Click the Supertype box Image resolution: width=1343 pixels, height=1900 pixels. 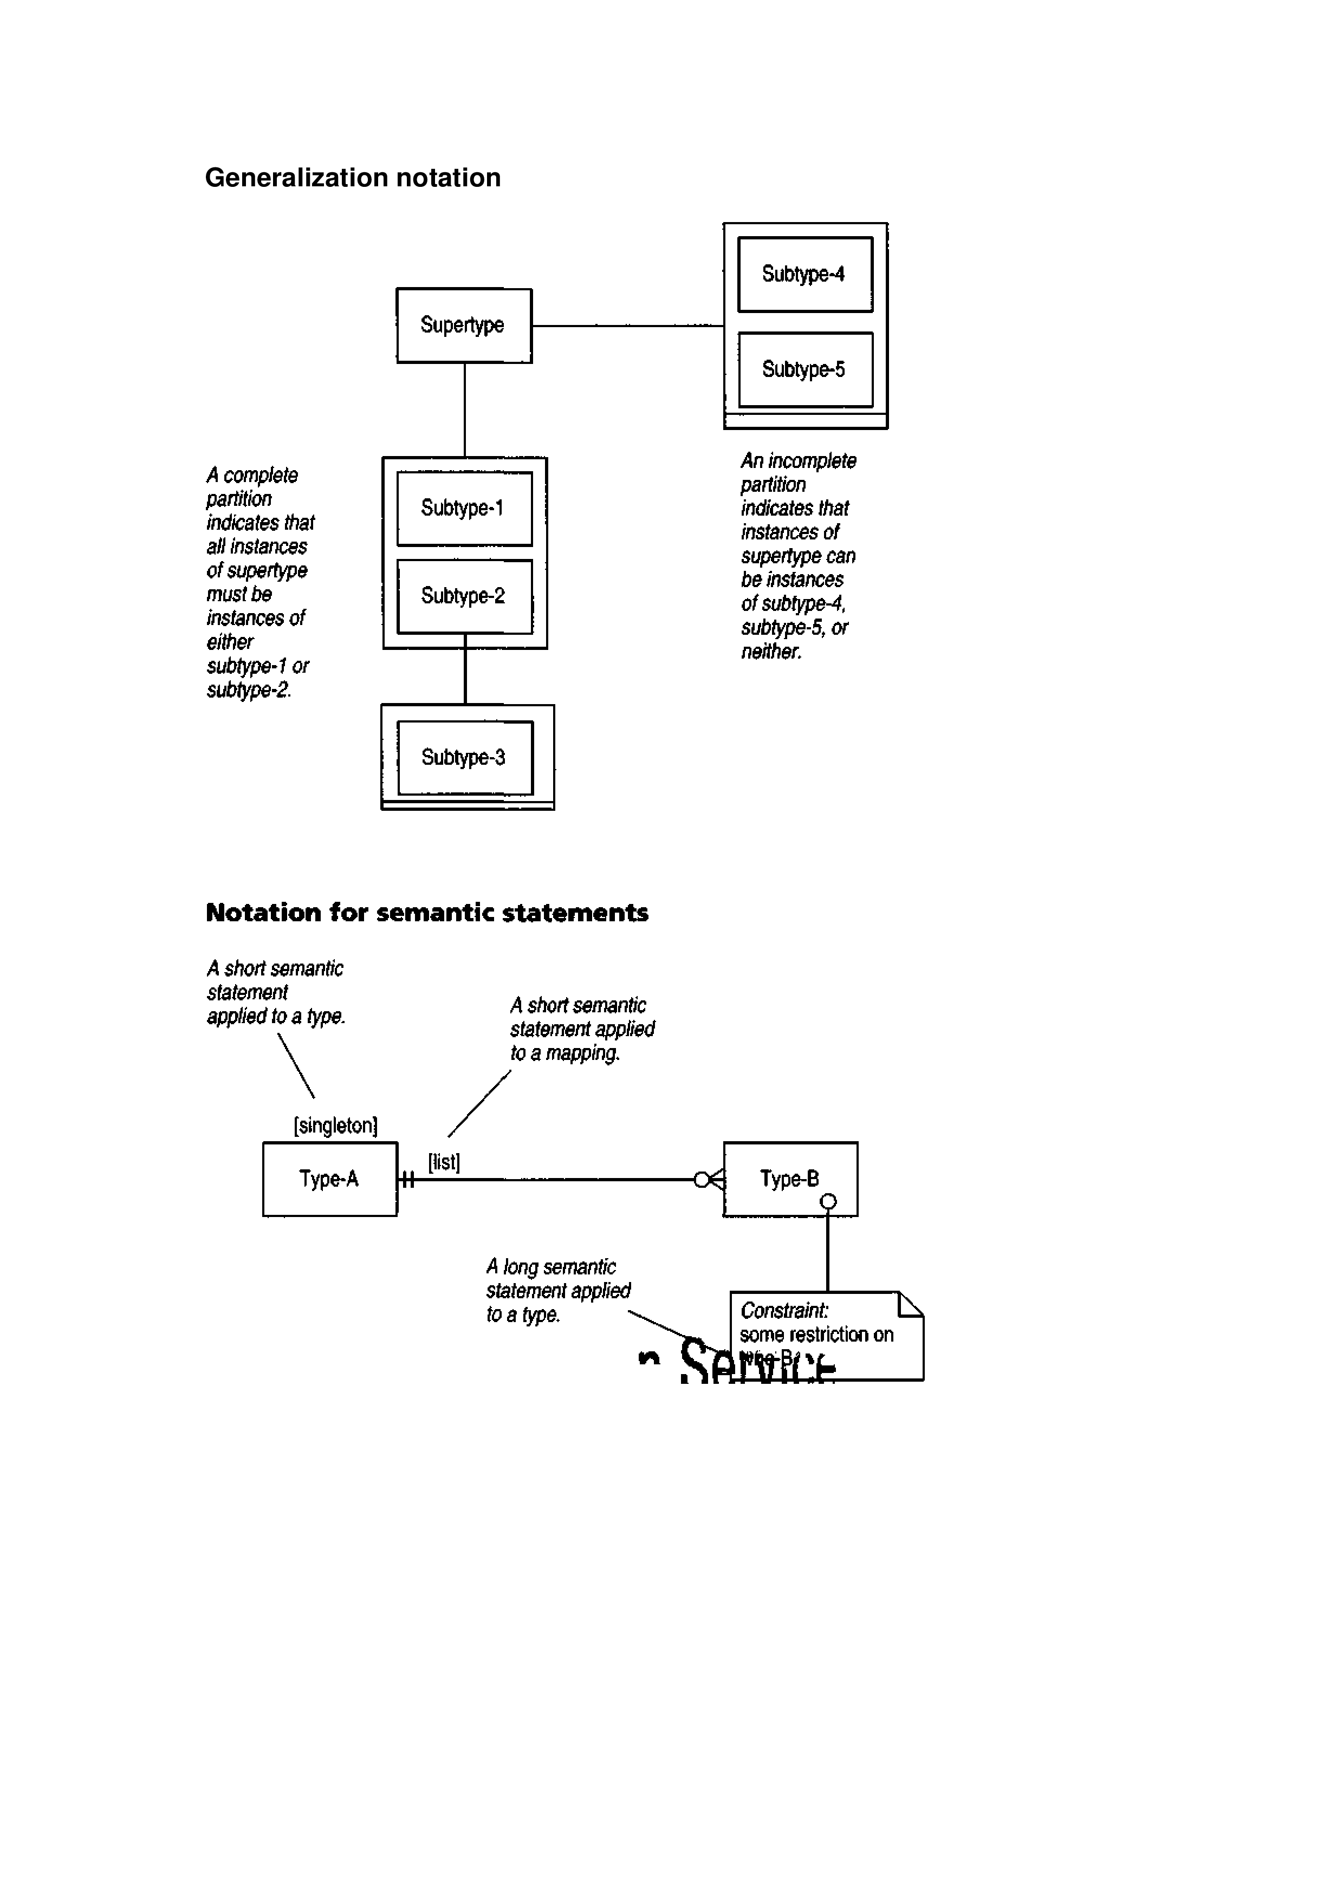[x=463, y=325]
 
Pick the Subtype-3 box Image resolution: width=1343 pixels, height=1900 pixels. [x=464, y=757]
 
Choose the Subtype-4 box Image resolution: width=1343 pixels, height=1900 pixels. [x=804, y=274]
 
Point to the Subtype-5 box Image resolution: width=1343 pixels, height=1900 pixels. [x=804, y=369]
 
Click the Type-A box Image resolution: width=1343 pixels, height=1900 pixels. [x=329, y=1179]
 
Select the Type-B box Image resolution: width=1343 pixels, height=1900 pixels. [x=789, y=1179]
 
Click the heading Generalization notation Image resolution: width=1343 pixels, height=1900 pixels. [x=353, y=178]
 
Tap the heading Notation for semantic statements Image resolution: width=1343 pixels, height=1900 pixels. [x=427, y=913]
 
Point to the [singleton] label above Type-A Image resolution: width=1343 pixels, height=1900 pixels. [x=336, y=1125]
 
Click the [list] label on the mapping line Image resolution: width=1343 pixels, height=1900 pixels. [x=444, y=1162]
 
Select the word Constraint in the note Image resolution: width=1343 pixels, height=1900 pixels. [x=783, y=1311]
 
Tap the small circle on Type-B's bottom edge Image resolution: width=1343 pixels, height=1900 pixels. [x=827, y=1201]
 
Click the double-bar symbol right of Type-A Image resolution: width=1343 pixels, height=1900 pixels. [x=407, y=1179]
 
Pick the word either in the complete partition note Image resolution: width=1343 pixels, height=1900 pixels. [x=230, y=642]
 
